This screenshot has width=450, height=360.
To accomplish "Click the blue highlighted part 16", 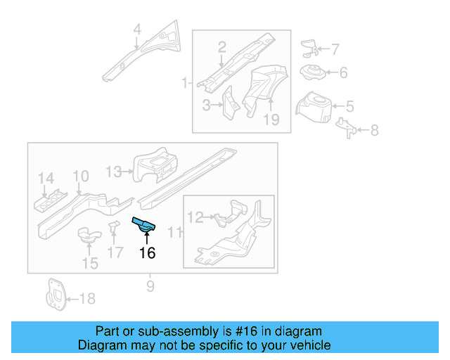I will click(x=145, y=224).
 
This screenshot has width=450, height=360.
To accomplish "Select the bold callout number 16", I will click(x=147, y=252).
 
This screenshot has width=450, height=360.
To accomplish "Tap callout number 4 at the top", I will click(x=137, y=30).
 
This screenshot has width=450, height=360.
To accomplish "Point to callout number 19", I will click(x=271, y=120).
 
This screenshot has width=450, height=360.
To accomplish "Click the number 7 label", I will click(x=335, y=50).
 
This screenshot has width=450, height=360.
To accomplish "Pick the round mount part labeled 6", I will click(x=311, y=72).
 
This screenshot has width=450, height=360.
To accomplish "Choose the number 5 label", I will click(x=349, y=107).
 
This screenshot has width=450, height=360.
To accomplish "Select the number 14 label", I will click(x=46, y=177).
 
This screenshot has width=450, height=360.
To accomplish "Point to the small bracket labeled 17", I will click(x=112, y=229).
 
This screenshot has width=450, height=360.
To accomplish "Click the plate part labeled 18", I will click(x=54, y=296).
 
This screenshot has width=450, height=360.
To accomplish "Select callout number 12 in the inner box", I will click(x=195, y=218).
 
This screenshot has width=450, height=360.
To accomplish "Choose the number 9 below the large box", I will click(x=150, y=286).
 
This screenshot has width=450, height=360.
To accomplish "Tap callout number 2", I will click(x=221, y=48).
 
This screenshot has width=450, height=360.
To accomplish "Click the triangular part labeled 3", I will click(x=230, y=101).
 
